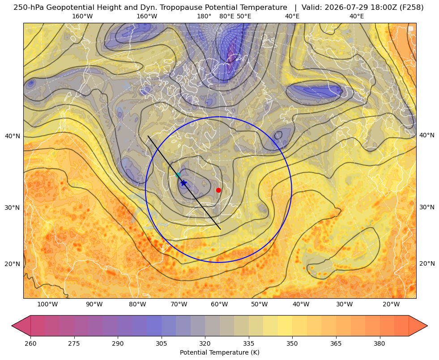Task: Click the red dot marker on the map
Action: point(218,190)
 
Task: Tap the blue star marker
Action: point(183,183)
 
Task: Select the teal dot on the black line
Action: point(178,175)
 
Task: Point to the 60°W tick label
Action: point(219,305)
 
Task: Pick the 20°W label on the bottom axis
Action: point(391,305)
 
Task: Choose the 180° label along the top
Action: point(204,16)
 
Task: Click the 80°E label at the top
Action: point(227,16)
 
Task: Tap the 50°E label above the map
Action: point(244,16)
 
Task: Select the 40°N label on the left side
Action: point(13,136)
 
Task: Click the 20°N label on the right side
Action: point(427,263)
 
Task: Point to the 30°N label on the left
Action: point(13,208)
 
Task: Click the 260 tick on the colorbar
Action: point(30,343)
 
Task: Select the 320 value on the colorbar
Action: point(205,343)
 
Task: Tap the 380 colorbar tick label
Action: point(379,343)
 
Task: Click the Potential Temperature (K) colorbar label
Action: point(219,352)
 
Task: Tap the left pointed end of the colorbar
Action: point(12,326)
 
